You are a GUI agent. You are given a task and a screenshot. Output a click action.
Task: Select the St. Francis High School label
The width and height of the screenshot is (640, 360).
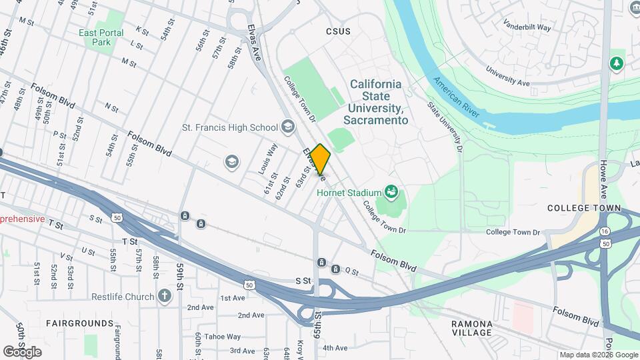(x=230, y=127)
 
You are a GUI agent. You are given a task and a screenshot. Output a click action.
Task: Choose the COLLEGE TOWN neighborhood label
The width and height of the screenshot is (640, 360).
(x=579, y=208)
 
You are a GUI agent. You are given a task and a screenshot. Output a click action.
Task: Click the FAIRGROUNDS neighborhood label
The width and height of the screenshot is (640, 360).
(x=80, y=323)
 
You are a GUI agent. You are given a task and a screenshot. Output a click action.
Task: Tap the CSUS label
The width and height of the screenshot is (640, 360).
(x=338, y=31)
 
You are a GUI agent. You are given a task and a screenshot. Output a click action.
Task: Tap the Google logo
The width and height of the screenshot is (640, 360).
(x=23, y=351)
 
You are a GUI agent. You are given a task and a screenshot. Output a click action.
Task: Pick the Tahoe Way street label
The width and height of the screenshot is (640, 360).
(x=222, y=337)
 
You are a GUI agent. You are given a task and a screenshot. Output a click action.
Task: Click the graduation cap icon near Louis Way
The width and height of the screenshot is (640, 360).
(x=231, y=161)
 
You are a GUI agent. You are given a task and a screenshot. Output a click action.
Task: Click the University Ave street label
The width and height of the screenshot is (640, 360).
(x=507, y=75)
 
